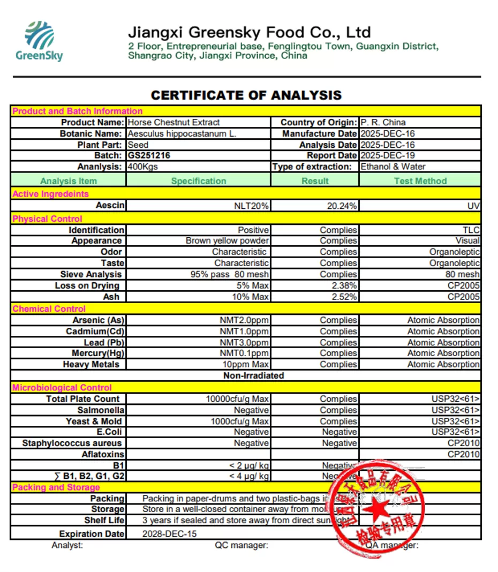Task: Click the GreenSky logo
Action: (x=39, y=41)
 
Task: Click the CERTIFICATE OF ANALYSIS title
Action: (x=246, y=95)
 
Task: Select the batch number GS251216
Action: (x=149, y=156)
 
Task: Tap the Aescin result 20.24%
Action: (x=342, y=206)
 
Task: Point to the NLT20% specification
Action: (x=251, y=206)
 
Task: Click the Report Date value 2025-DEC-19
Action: (x=388, y=156)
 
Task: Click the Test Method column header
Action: (x=420, y=181)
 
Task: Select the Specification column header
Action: (x=199, y=181)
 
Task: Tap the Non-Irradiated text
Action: (x=253, y=375)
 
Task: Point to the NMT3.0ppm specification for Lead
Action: (x=244, y=342)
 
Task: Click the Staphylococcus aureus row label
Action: (x=72, y=443)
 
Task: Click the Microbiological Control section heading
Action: (x=62, y=387)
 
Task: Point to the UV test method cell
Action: (x=473, y=206)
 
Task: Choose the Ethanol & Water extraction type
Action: (x=393, y=167)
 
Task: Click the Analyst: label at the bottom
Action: (x=67, y=545)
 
